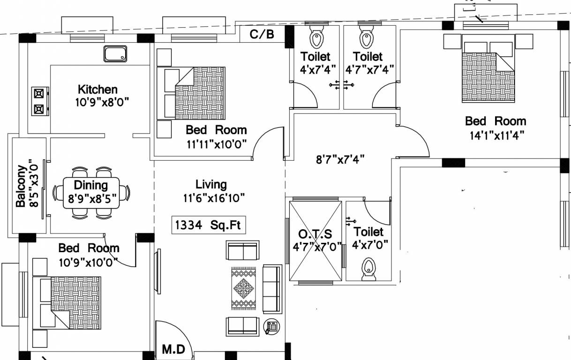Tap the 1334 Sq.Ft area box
[208, 225]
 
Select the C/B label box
[262, 34]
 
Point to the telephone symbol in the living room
[271, 326]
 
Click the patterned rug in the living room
[244, 288]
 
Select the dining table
[91, 193]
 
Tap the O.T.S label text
[315, 234]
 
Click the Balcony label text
[21, 186]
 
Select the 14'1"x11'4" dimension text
[495, 135]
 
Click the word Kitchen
[98, 89]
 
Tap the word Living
[211, 185]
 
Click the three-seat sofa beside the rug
[272, 289]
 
